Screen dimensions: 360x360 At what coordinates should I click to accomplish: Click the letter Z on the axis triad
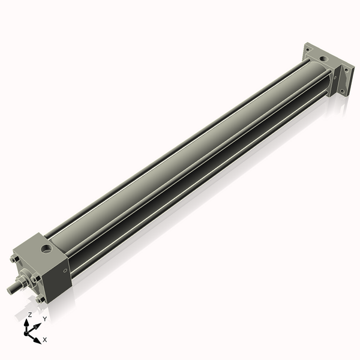(29, 315)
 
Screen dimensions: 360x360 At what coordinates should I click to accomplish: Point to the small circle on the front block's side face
(65, 271)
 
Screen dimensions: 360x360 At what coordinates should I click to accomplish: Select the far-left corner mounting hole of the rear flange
(307, 50)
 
